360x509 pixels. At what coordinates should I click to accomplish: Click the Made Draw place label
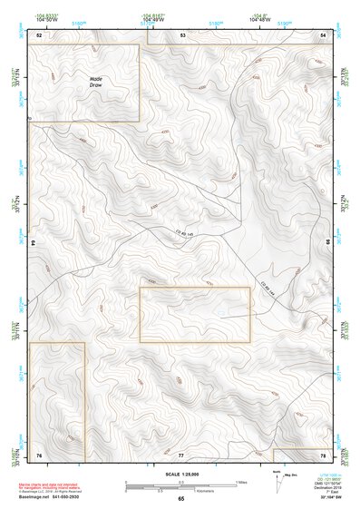96,82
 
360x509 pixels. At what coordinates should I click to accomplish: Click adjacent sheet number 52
39,34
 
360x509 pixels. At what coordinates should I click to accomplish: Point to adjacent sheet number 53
181,34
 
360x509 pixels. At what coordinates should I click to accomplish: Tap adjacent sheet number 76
39,453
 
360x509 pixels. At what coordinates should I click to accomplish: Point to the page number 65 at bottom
180,499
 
